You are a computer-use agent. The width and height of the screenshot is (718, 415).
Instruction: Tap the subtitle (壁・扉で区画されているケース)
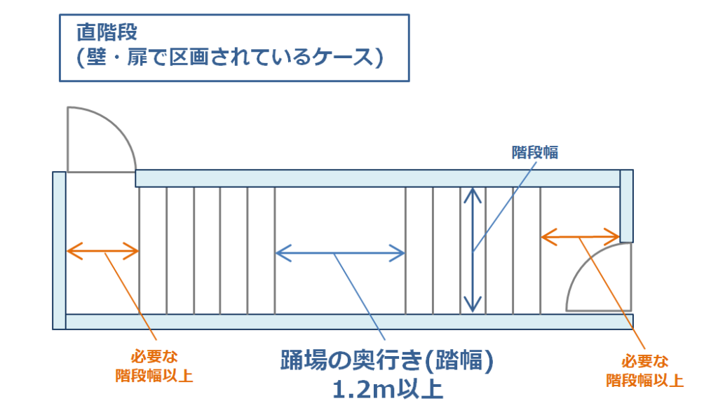click(230, 57)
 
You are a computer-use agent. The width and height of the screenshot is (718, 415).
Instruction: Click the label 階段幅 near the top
click(535, 152)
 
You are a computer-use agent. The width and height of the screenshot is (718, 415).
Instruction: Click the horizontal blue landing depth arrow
click(341, 252)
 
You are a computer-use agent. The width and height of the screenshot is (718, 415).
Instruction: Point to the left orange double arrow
click(102, 250)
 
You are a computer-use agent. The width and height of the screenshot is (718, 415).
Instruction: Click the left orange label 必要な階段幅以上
click(154, 366)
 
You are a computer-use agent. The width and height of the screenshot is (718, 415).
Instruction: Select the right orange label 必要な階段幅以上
click(643, 371)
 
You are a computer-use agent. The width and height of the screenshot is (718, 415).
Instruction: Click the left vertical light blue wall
click(59, 250)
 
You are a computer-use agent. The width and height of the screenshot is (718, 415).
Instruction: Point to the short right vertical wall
click(627, 205)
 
